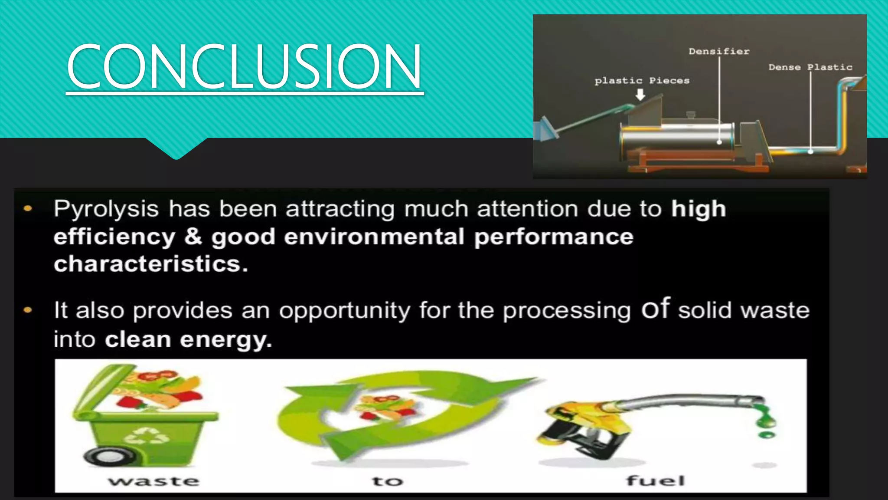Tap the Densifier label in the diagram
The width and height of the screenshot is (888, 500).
point(719,51)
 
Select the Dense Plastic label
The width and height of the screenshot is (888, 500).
point(810,67)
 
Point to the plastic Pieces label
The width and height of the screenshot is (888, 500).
point(642,81)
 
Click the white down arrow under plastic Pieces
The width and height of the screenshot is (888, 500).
point(640,95)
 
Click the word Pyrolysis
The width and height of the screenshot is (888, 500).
point(106,209)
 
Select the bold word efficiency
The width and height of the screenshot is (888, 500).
point(114,237)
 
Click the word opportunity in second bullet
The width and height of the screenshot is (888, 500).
point(344,311)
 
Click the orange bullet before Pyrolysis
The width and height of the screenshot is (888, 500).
point(28,209)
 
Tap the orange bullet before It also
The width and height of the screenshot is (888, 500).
point(28,310)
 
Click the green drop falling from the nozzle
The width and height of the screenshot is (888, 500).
point(766,434)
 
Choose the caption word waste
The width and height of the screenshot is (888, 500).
point(154,481)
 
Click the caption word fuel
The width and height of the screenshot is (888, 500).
point(656,480)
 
